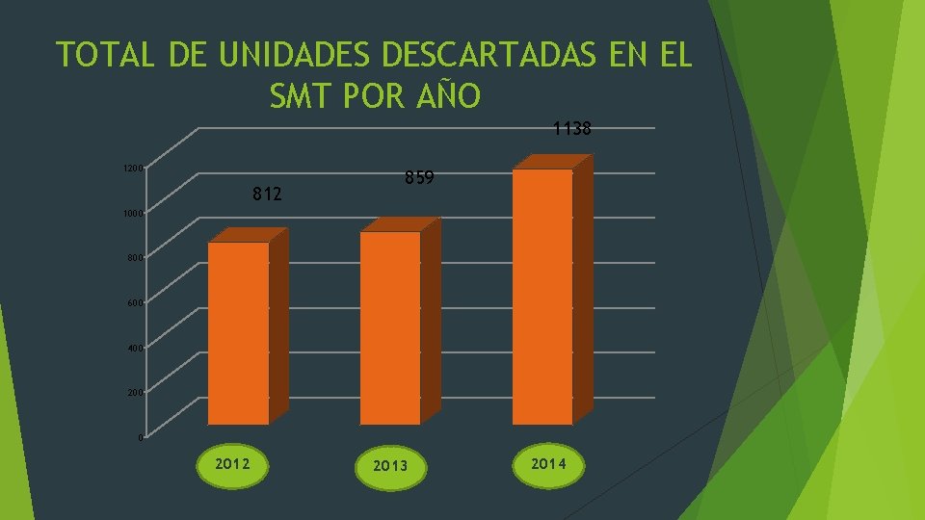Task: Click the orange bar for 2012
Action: pyautogui.click(x=239, y=332)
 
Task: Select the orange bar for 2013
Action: pyautogui.click(x=390, y=327)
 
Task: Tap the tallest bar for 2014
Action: pyautogui.click(x=542, y=297)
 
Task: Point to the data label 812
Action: pyautogui.click(x=267, y=195)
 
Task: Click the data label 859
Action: pyautogui.click(x=419, y=178)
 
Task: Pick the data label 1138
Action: pyautogui.click(x=571, y=128)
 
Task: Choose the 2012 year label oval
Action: pyautogui.click(x=233, y=464)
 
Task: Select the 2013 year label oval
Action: pyautogui.click(x=389, y=466)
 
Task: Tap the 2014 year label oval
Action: pyautogui.click(x=547, y=464)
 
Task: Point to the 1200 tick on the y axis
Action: pyautogui.click(x=133, y=169)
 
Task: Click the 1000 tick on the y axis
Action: pyautogui.click(x=133, y=213)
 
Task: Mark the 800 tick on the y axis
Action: pyautogui.click(x=135, y=258)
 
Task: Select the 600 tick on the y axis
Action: pyautogui.click(x=135, y=303)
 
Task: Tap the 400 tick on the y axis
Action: pyautogui.click(x=135, y=348)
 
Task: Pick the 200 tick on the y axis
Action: pyautogui.click(x=135, y=393)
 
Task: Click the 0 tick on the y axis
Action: pyautogui.click(x=141, y=438)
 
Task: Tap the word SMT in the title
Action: pyautogui.click(x=296, y=96)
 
